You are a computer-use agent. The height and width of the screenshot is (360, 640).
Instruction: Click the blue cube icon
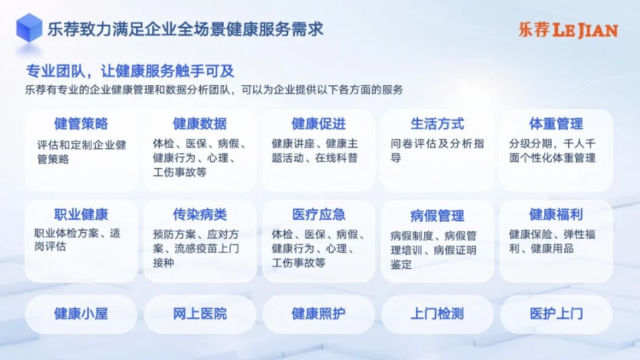[29, 27]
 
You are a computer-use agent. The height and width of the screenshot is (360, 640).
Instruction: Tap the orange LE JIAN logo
[568, 30]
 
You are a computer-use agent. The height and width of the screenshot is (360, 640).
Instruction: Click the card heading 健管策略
[81, 123]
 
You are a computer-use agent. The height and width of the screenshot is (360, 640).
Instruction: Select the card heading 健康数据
[200, 123]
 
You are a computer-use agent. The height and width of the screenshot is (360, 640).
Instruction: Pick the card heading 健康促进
[318, 123]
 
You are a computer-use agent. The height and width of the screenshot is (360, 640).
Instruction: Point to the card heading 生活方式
[437, 123]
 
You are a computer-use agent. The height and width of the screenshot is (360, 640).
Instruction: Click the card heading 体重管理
[556, 123]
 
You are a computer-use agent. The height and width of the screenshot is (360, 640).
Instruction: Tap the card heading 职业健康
[81, 215]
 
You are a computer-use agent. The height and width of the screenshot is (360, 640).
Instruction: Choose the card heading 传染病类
[200, 215]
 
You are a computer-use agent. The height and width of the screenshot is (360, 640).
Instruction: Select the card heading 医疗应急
[318, 215]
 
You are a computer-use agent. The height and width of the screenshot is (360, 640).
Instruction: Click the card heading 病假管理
[437, 215]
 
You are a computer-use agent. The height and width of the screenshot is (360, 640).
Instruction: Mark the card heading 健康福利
[556, 215]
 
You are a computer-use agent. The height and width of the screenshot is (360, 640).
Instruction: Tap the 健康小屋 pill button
[81, 314]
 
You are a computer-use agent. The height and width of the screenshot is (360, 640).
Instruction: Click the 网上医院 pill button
[200, 314]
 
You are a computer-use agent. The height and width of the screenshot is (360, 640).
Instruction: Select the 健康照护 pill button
[318, 314]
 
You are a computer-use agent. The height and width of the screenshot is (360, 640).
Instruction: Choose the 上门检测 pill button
[437, 314]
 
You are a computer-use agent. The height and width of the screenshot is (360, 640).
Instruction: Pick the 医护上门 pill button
[556, 314]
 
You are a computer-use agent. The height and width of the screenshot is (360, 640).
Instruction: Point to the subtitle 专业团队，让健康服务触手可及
[130, 71]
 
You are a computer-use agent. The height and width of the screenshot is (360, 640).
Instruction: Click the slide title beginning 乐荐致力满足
[186, 29]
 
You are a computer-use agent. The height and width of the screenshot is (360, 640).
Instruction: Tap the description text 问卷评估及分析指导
[437, 151]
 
